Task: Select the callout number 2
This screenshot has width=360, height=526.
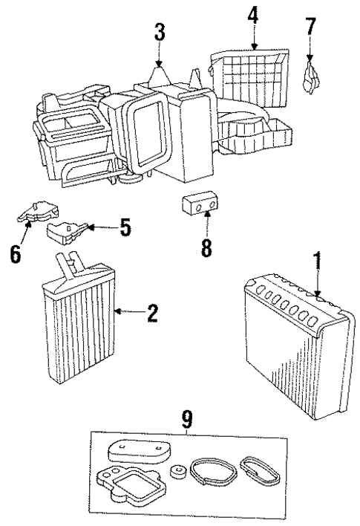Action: (152, 314)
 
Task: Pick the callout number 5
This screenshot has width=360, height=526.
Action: (125, 227)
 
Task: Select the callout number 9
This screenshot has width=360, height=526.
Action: (186, 420)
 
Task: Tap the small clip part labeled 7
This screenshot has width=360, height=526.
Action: (310, 75)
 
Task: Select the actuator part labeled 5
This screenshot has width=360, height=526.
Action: (68, 233)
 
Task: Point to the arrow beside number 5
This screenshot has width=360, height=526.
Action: (102, 227)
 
